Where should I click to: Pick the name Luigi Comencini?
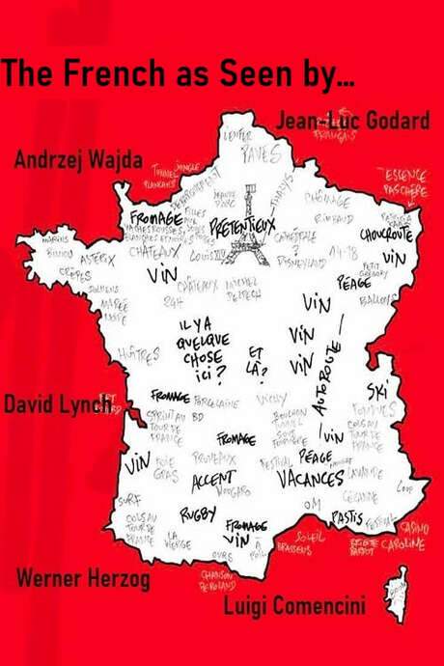(293, 605)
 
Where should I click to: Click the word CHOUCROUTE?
(385, 234)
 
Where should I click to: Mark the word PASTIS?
(347, 517)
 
